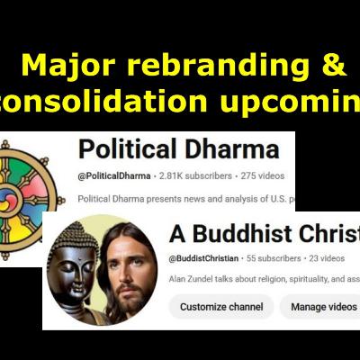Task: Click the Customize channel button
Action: [x=220, y=307]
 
